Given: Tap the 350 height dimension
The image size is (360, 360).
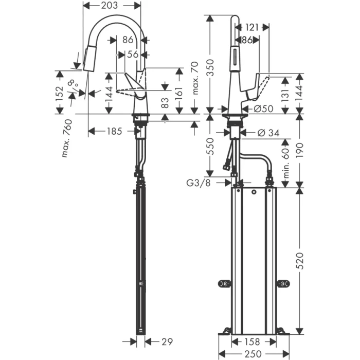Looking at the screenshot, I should (x=210, y=66).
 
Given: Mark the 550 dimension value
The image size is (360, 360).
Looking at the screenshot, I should (x=210, y=146).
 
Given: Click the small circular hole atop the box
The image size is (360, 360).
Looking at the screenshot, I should (x=254, y=193).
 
